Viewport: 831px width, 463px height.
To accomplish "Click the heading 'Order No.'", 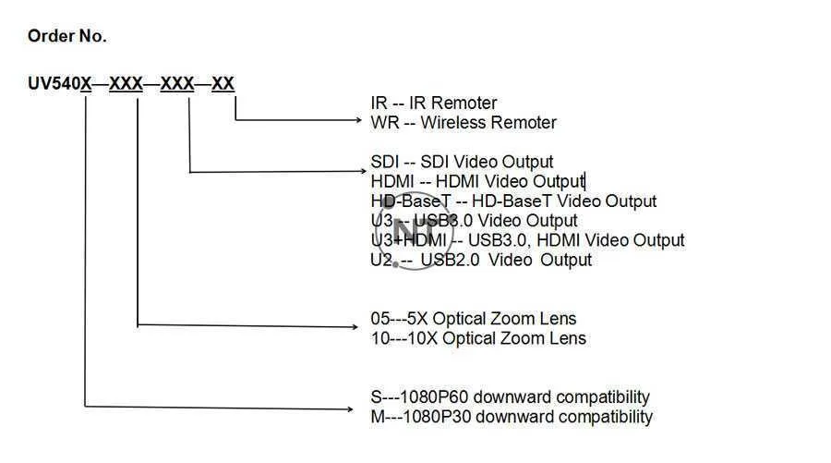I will [66, 37].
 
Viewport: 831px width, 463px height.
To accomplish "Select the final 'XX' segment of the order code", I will [223, 84].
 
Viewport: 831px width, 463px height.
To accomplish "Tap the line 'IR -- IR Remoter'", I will [433, 103].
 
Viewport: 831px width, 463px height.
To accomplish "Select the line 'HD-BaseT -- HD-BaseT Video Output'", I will [513, 201].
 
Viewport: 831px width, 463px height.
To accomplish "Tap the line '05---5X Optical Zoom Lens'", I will [473, 320].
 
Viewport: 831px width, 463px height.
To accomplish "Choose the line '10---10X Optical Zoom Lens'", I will [477, 338].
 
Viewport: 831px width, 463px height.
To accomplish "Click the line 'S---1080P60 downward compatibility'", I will [510, 397].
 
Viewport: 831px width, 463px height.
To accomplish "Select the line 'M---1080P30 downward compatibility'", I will [511, 417].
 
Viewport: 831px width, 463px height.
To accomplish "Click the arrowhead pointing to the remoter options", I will [361, 120].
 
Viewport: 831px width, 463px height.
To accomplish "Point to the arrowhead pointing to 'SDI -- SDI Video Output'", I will [361, 172].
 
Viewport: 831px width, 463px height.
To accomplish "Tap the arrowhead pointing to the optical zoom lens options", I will [361, 324].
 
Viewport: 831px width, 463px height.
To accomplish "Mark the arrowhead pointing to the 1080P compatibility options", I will [361, 406].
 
